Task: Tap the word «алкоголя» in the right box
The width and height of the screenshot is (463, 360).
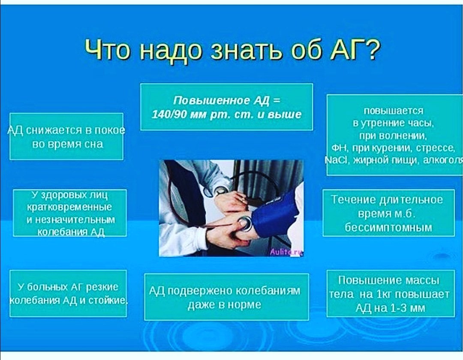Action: (443, 160)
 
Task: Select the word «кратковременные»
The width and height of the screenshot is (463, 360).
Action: (70, 207)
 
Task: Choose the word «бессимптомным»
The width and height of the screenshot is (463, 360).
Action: (388, 228)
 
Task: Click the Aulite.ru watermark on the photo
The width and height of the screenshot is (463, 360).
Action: (286, 252)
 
